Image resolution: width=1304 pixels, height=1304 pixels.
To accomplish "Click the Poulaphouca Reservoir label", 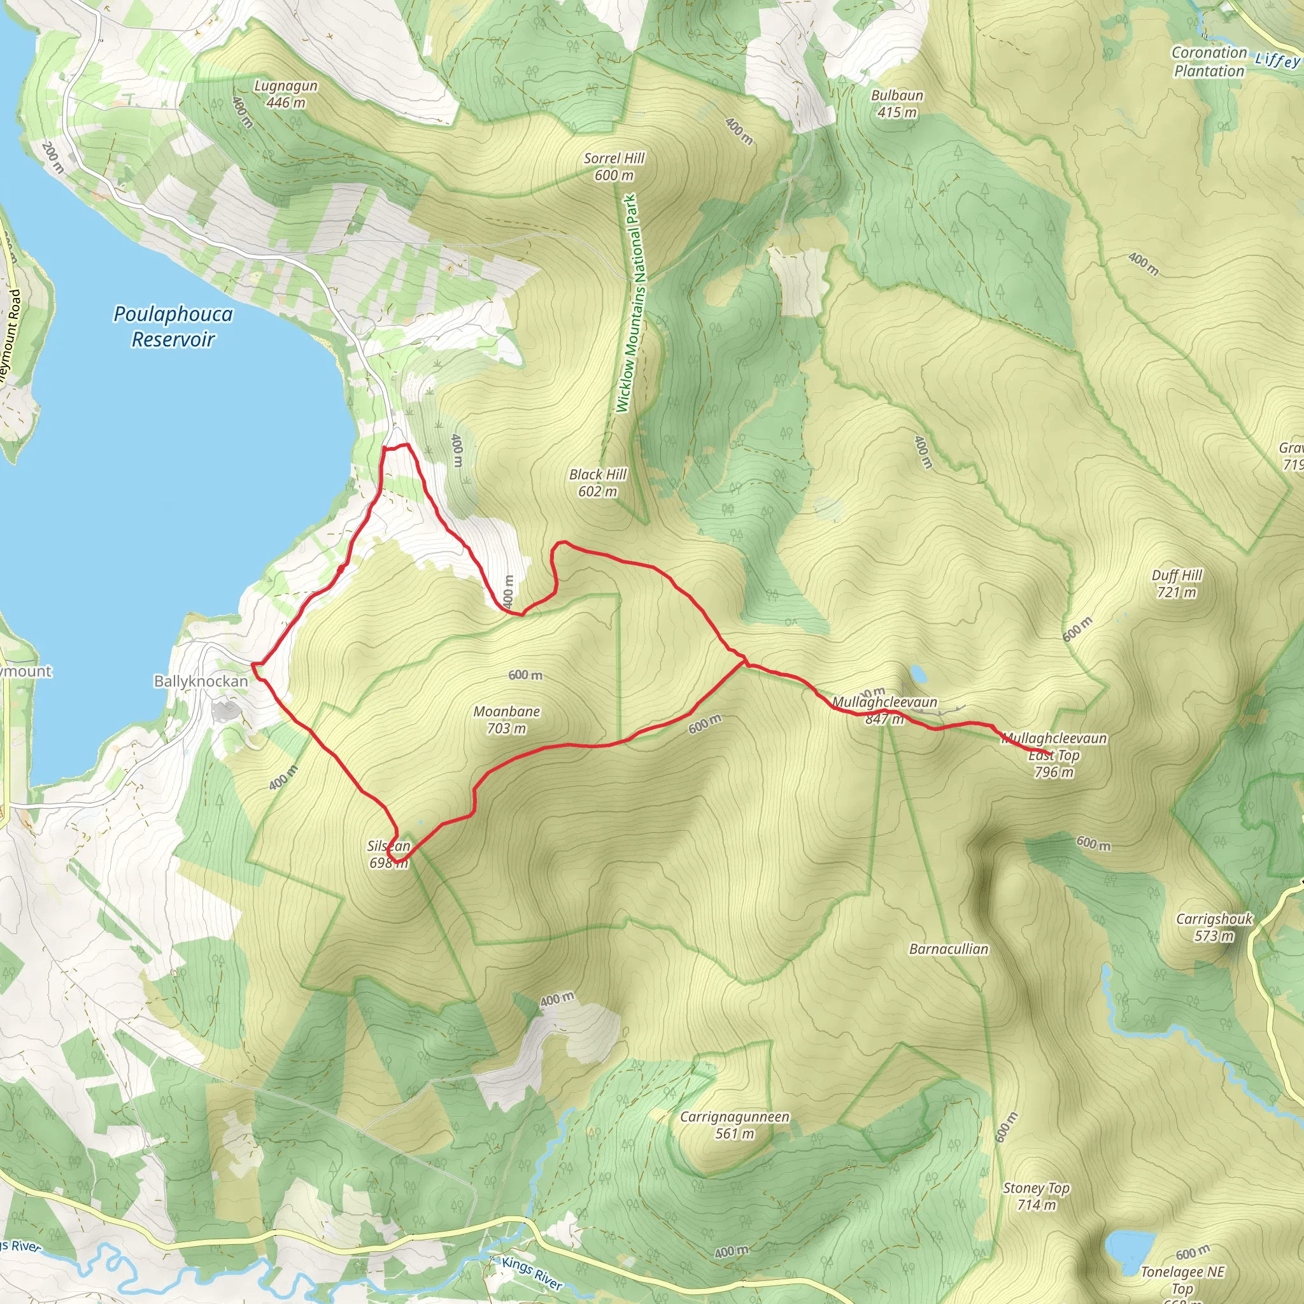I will point(173,326).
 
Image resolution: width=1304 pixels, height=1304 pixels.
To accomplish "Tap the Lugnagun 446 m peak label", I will point(285,94).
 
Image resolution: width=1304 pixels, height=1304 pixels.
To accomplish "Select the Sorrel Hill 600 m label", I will point(614,167).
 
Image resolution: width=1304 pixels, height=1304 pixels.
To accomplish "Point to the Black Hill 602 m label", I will point(597,483).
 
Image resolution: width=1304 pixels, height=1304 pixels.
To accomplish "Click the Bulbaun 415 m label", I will point(896,104).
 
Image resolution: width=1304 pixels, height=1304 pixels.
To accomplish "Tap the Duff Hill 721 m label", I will point(1177,583).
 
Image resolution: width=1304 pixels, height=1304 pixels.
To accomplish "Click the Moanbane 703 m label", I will point(506,719).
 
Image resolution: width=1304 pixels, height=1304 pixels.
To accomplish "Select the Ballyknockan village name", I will point(201,681).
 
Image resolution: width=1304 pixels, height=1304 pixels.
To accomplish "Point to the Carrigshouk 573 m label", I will point(1214,926).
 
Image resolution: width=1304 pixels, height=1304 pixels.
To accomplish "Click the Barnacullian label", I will point(948,949).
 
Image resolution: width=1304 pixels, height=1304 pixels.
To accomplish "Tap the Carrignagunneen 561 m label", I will point(734,1124).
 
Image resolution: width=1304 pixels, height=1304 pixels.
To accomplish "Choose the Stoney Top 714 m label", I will point(1036,1196).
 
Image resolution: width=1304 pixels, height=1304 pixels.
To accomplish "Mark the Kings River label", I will point(532,1273).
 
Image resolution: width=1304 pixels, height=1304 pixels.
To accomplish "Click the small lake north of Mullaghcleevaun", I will point(918,672).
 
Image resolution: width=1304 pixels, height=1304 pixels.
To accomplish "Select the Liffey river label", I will point(1277,60).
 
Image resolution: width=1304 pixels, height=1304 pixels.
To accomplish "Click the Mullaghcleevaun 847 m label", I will point(884,710).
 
